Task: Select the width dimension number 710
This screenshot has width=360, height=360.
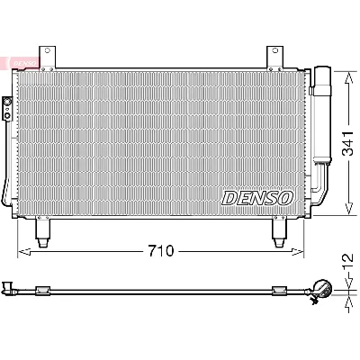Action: (x=162, y=249)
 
